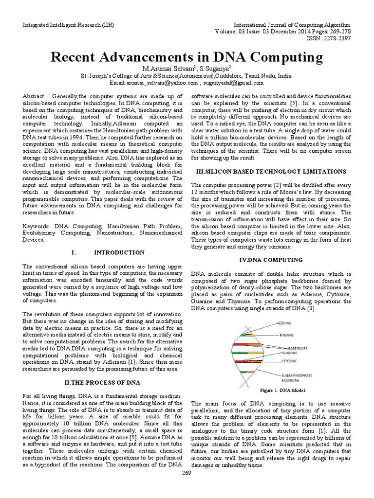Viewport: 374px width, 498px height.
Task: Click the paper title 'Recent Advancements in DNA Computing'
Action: (187, 57)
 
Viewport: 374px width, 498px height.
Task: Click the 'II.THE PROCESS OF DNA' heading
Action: (102, 383)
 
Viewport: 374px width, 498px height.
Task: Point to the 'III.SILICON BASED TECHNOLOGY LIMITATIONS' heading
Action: (270, 172)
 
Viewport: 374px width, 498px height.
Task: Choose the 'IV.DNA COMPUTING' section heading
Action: (271, 260)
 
